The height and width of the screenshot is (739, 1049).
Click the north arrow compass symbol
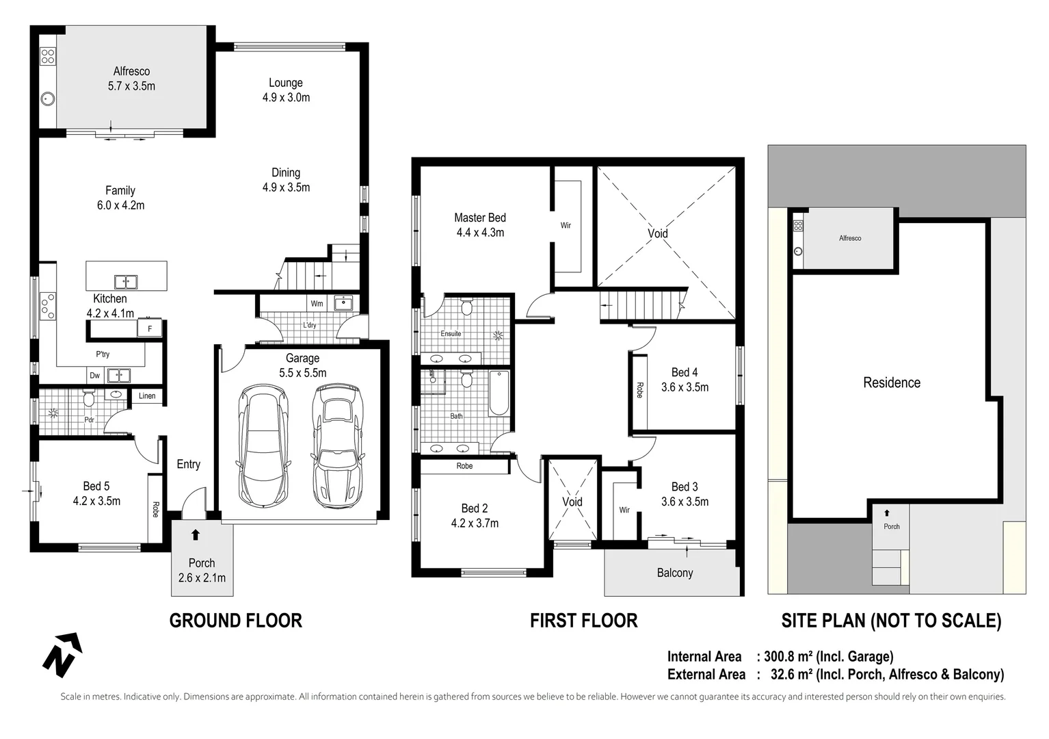click(62, 653)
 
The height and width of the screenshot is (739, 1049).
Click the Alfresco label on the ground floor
click(131, 71)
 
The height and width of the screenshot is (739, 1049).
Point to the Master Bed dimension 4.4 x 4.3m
click(480, 233)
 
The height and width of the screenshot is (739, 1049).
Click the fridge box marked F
click(150, 329)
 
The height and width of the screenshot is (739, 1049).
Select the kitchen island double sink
click(126, 281)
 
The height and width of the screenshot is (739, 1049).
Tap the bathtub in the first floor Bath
click(499, 393)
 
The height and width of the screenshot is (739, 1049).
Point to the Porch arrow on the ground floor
click(196, 535)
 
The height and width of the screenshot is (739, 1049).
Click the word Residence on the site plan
click(891, 383)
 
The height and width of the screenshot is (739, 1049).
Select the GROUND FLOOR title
click(235, 621)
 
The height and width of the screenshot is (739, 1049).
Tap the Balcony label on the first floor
click(674, 573)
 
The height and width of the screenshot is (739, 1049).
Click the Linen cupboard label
click(147, 396)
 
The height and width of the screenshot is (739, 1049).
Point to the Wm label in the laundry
click(317, 304)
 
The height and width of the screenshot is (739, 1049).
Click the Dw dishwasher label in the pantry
click(95, 376)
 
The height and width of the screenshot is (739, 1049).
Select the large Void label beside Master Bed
click(657, 233)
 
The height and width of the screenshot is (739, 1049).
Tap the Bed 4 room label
click(685, 372)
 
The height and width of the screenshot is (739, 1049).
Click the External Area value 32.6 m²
click(791, 675)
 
